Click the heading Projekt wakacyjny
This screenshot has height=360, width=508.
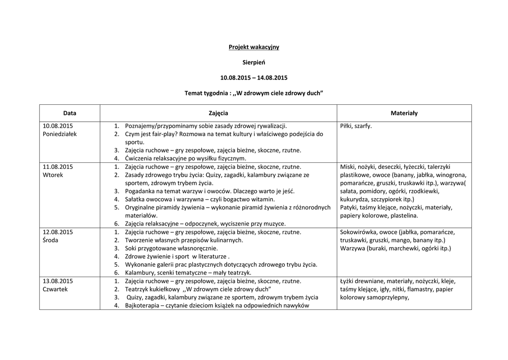click(x=254, y=47)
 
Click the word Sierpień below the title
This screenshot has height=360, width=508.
click(x=254, y=63)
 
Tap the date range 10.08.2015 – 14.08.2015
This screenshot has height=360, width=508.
click(x=254, y=78)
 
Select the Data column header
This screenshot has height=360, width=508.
click(x=69, y=113)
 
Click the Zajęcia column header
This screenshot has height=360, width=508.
click(x=218, y=113)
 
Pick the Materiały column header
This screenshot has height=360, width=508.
click(x=404, y=113)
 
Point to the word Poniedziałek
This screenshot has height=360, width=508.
click(x=60, y=134)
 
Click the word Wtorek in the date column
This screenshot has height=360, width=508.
click(x=53, y=175)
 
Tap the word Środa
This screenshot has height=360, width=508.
click(x=51, y=240)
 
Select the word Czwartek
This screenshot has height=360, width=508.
click(x=56, y=289)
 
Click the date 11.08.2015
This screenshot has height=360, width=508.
click(x=58, y=167)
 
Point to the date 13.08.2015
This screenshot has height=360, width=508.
click(x=58, y=281)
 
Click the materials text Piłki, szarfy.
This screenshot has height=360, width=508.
click(x=356, y=126)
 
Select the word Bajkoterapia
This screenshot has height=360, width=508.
click(x=143, y=305)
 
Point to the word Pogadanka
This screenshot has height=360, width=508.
click(x=141, y=191)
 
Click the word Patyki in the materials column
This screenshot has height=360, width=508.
click(x=349, y=208)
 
